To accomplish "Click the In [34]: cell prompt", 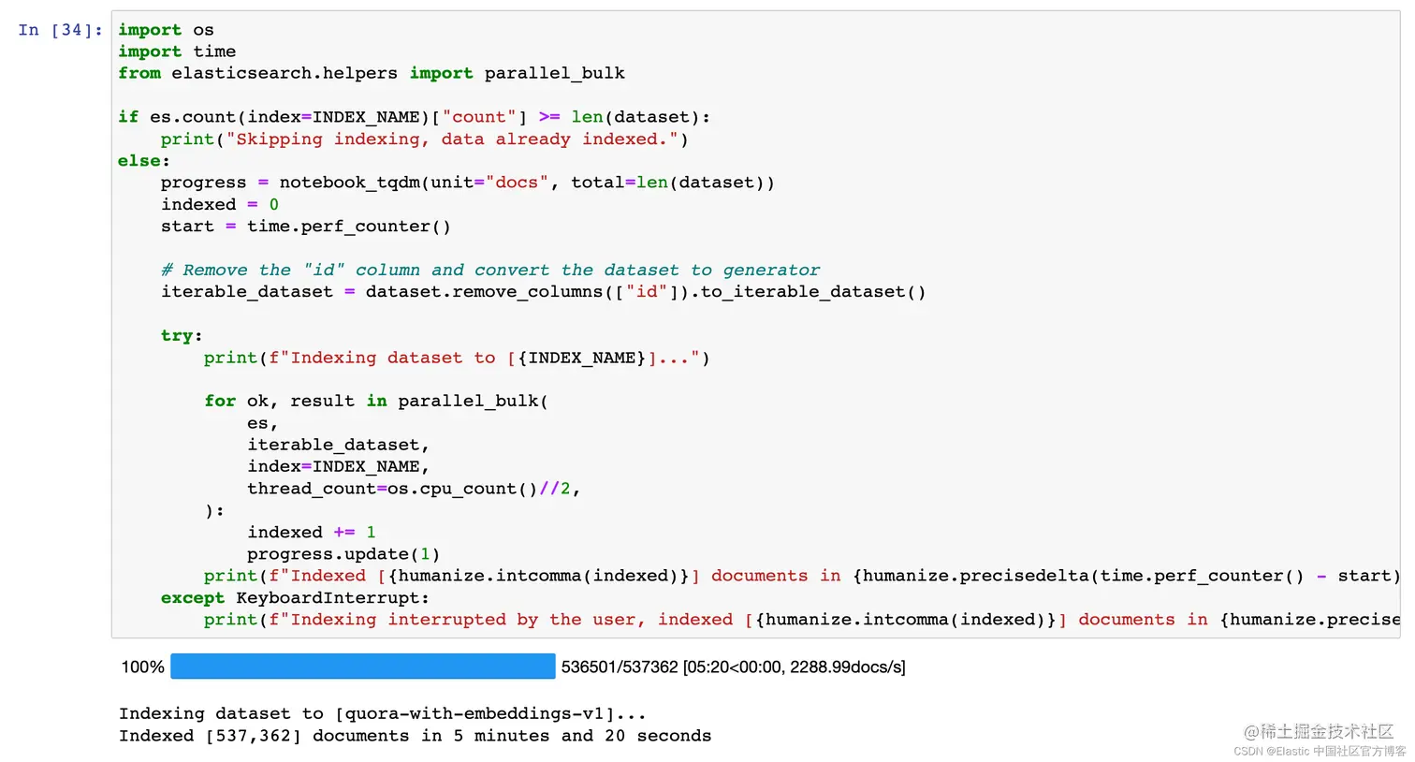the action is (x=60, y=30).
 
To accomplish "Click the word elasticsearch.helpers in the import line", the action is (x=284, y=73).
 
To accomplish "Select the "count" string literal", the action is (x=479, y=117).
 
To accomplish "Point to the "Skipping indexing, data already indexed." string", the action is (x=452, y=139).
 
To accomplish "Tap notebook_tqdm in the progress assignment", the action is (x=350, y=183).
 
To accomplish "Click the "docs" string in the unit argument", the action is (x=517, y=183).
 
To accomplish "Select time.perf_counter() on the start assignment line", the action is (x=348, y=227).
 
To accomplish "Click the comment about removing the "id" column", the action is (x=490, y=271).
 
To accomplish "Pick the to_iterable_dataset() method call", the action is (x=812, y=292).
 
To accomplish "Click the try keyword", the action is (x=177, y=336).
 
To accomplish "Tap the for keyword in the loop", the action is (x=220, y=402).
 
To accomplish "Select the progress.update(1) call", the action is (x=343, y=554).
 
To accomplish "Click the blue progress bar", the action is (x=363, y=667).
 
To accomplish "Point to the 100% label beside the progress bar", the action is (x=142, y=667).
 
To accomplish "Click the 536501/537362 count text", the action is (x=619, y=667).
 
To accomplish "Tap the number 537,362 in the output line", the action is (x=254, y=736).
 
